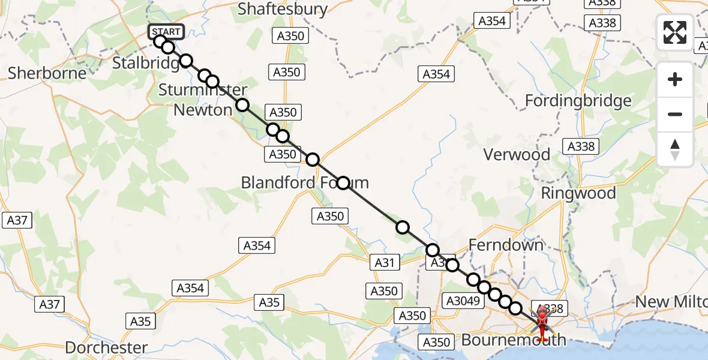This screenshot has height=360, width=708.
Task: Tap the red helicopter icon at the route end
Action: click(542, 321)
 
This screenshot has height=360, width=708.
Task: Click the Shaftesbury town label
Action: click(283, 9)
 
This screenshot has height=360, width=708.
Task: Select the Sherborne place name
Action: click(47, 73)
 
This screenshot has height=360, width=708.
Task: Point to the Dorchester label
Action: click(106, 347)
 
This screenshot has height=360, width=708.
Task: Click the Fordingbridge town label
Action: click(578, 100)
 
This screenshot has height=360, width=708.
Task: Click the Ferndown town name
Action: click(505, 244)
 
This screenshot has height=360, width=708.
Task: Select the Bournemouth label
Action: click(513, 340)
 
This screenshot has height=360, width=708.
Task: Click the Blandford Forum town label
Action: click(305, 182)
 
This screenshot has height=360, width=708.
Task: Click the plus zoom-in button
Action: click(675, 79)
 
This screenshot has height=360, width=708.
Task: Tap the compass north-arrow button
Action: click(675, 149)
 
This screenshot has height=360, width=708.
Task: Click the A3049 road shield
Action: click(463, 300)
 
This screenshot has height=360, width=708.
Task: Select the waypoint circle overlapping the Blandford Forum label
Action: click(343, 182)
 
